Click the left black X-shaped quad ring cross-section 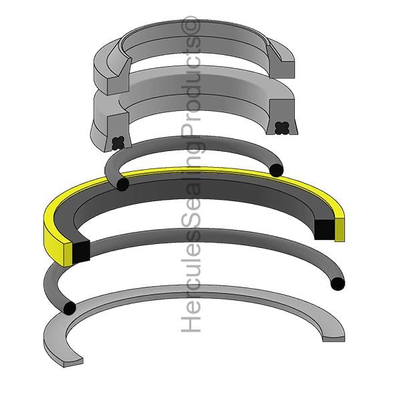pyautogui.click(x=118, y=143)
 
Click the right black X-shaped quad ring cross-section pyautogui.click(x=282, y=128)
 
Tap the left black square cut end pyautogui.click(x=82, y=252)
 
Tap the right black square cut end pyautogui.click(x=324, y=229)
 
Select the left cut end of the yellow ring pyautogui.click(x=68, y=254)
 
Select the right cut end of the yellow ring pyautogui.click(x=340, y=230)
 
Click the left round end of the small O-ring pyautogui.click(x=122, y=184)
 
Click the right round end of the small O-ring pyautogui.click(x=277, y=170)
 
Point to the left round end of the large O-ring pyautogui.click(x=70, y=308)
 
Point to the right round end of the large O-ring pyautogui.click(x=338, y=283)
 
